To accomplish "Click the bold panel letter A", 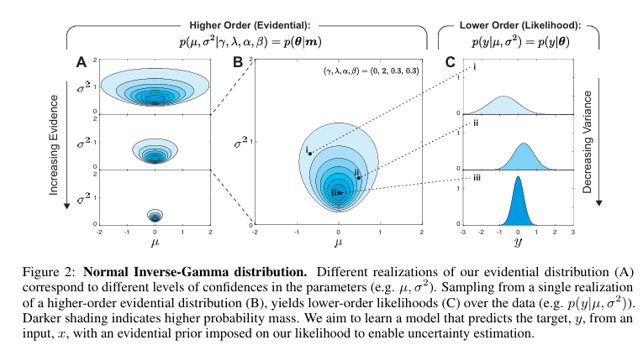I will click(x=81, y=61).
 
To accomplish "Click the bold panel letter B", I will click(x=238, y=61).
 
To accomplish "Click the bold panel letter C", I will click(x=451, y=61).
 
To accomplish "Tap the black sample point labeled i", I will click(x=311, y=153).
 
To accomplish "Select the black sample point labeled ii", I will click(x=358, y=178).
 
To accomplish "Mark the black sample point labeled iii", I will click(x=340, y=193).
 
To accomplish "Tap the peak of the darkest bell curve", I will click(x=518, y=178).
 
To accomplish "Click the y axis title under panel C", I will click(x=518, y=243).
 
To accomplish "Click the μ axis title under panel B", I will click(x=339, y=243).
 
